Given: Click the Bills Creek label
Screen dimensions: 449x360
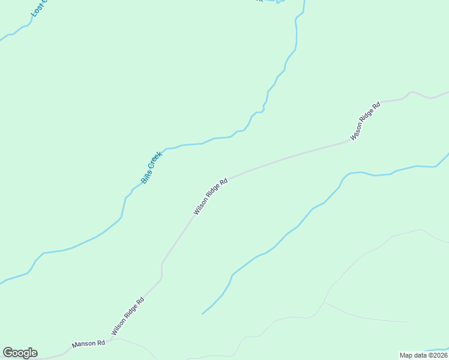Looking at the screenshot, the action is pyautogui.click(x=151, y=167).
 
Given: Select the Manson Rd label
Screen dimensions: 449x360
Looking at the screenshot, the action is pyautogui.click(x=88, y=344).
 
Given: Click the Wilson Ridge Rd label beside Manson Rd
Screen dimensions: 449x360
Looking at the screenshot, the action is pyautogui.click(x=127, y=316).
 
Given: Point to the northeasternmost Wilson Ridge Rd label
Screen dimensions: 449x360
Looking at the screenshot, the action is pyautogui.click(x=366, y=121).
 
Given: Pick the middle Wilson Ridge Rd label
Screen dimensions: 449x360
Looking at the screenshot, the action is pyautogui.click(x=211, y=196).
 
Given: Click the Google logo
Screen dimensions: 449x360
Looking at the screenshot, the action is pyautogui.click(x=20, y=353).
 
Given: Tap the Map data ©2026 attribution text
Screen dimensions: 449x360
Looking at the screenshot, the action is pyautogui.click(x=423, y=355).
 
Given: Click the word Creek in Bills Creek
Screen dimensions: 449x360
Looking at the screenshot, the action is pyautogui.click(x=155, y=160).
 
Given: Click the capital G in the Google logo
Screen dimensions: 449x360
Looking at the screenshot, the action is pyautogui.click(x=8, y=353).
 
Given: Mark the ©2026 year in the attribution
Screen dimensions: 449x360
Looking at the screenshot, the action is pyautogui.click(x=436, y=355).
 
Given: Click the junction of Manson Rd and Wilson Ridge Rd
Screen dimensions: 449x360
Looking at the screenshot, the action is pyautogui.click(x=110, y=340).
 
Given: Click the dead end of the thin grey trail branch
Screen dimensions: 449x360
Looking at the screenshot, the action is pyautogui.click(x=407, y=322).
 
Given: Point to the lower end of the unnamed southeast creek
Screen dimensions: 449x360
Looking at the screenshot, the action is pyautogui.click(x=203, y=313).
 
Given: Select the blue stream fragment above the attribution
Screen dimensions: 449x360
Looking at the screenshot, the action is pyautogui.click(x=435, y=349).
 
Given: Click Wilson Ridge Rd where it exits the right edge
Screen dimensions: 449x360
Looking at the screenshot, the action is pyautogui.click(x=447, y=93).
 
